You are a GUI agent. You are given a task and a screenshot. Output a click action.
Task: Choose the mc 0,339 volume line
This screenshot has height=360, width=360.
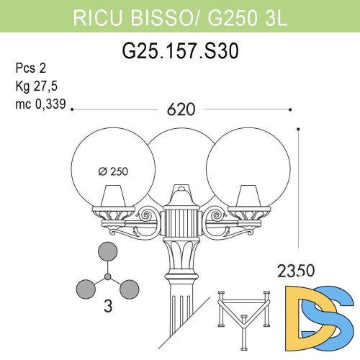(40, 104)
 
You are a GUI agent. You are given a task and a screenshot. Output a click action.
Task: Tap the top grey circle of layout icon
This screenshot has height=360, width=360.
(107, 252)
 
